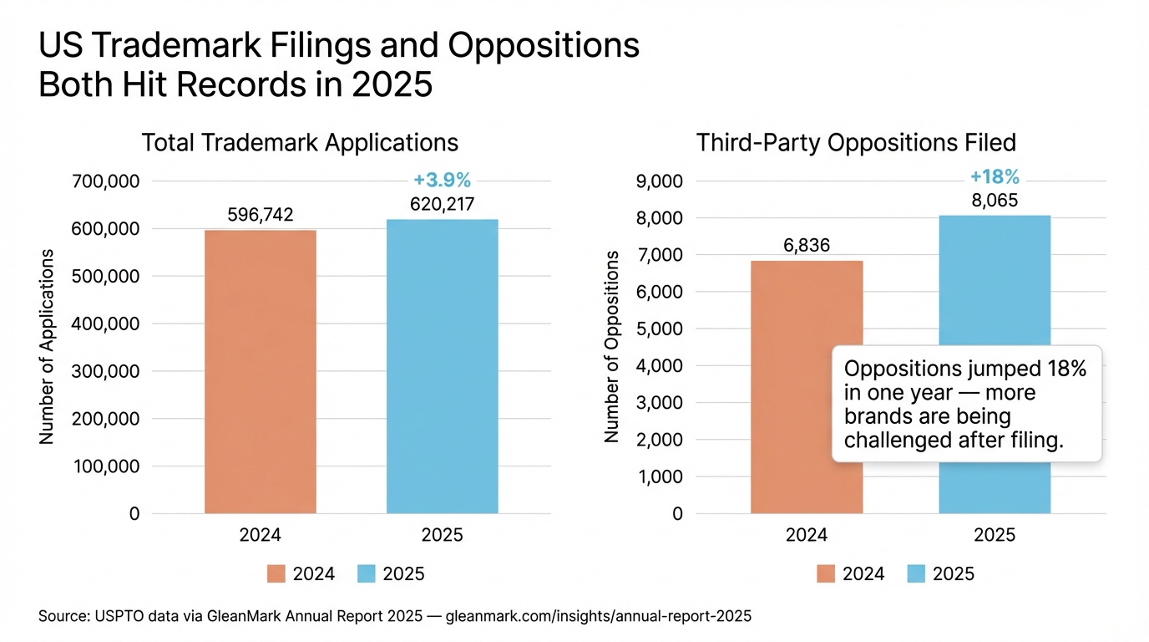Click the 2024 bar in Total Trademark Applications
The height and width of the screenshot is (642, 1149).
point(261,372)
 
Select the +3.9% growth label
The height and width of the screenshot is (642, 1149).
point(442,180)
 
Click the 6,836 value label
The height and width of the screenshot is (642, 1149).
point(806,246)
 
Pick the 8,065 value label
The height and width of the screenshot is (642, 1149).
point(995,201)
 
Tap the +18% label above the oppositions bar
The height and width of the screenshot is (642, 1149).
point(995,177)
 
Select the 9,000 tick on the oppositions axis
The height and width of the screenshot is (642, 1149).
point(661,181)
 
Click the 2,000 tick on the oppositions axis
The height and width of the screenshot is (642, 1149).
point(661,440)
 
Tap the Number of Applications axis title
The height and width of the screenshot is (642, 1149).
point(47,346)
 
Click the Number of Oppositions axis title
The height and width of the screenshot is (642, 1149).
point(611,346)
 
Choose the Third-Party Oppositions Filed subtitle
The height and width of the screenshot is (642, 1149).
point(856,143)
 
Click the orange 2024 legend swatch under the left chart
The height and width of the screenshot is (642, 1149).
point(276,573)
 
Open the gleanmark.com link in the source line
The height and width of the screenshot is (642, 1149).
point(600,617)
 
